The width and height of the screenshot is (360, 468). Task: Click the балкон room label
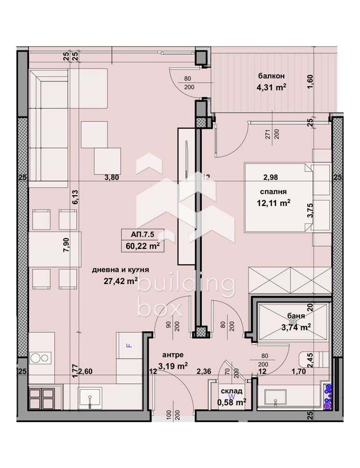272,76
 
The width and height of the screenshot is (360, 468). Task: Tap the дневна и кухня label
121,270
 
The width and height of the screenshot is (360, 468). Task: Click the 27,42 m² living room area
120,281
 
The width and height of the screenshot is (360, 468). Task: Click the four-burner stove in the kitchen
43,398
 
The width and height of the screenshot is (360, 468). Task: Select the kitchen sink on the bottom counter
89,398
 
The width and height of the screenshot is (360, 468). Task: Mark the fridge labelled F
129,346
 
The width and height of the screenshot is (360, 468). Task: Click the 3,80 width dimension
111,177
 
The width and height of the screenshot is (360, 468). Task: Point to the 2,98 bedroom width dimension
271,177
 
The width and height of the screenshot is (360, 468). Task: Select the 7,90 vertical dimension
65,245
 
